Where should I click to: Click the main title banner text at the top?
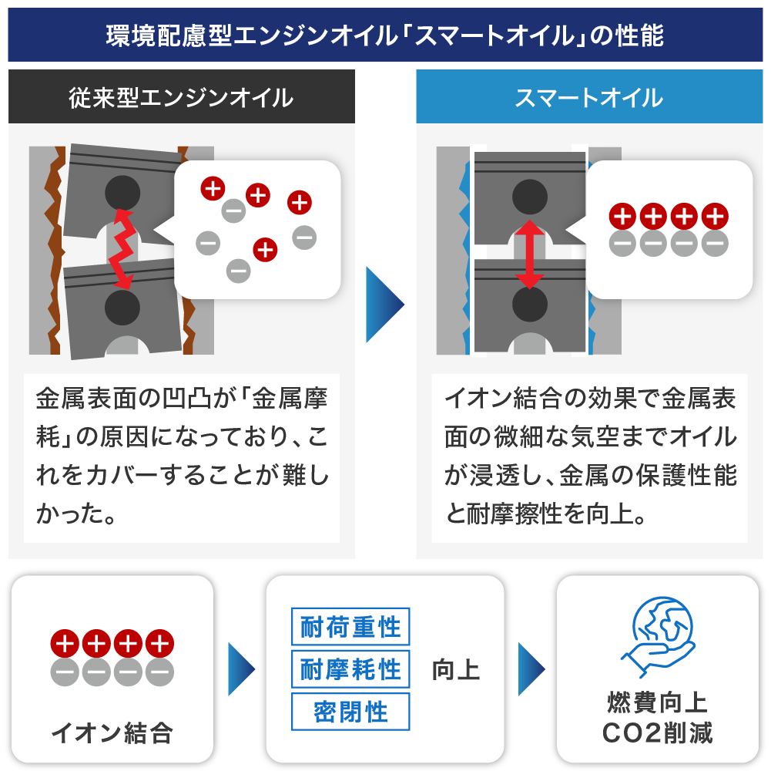click(x=385, y=35)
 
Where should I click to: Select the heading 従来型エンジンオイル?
click(x=181, y=98)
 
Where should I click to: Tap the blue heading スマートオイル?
click(x=589, y=98)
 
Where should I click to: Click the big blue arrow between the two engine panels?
click(x=384, y=305)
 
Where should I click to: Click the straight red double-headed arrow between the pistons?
click(x=529, y=253)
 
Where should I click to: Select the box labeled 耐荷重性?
click(x=350, y=627)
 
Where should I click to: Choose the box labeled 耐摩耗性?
click(x=350, y=669)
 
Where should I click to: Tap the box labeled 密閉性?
click(x=350, y=712)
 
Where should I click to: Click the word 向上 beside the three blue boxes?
click(x=456, y=669)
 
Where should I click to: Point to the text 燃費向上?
click(x=658, y=703)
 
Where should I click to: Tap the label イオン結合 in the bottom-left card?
click(x=112, y=733)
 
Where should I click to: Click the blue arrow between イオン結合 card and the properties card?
click(x=241, y=669)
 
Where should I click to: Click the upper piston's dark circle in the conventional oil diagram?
click(x=122, y=192)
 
